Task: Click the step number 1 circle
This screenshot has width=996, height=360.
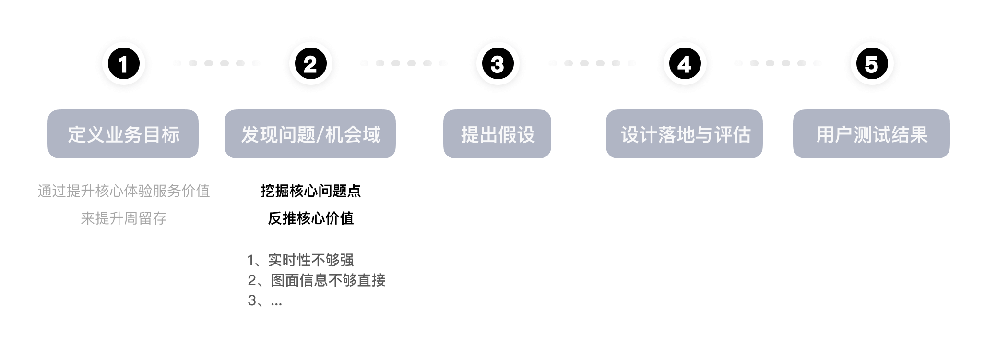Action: tap(123, 64)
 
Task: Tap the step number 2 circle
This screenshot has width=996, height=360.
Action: tap(310, 64)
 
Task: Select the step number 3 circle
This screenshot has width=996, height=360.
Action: tap(498, 64)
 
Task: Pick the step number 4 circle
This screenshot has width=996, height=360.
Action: tap(685, 64)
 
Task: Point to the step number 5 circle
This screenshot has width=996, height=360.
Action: tap(872, 64)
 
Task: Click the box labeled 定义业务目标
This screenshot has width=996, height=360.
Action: tap(123, 134)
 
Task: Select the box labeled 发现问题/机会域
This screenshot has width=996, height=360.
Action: tap(310, 134)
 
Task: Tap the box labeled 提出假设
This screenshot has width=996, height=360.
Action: tap(497, 134)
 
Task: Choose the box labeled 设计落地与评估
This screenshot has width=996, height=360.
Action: tap(684, 134)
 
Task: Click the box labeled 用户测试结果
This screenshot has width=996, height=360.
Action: tap(871, 134)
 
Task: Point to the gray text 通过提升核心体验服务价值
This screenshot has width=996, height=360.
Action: tap(124, 191)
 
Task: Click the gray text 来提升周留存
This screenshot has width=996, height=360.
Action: tap(124, 218)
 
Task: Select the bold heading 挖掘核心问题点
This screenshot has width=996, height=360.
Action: tap(310, 191)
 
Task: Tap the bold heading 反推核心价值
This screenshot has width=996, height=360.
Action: tap(310, 218)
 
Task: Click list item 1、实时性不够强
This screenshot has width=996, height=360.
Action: tap(300, 260)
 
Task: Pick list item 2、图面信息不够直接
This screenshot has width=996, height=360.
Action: tap(316, 280)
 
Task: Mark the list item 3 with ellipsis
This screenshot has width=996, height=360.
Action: tap(265, 300)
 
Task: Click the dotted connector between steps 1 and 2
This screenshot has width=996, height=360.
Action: tap(216, 63)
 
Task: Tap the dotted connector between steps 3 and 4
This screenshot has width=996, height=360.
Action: tap(592, 63)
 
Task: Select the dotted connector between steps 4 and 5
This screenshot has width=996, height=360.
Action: tap(778, 63)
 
